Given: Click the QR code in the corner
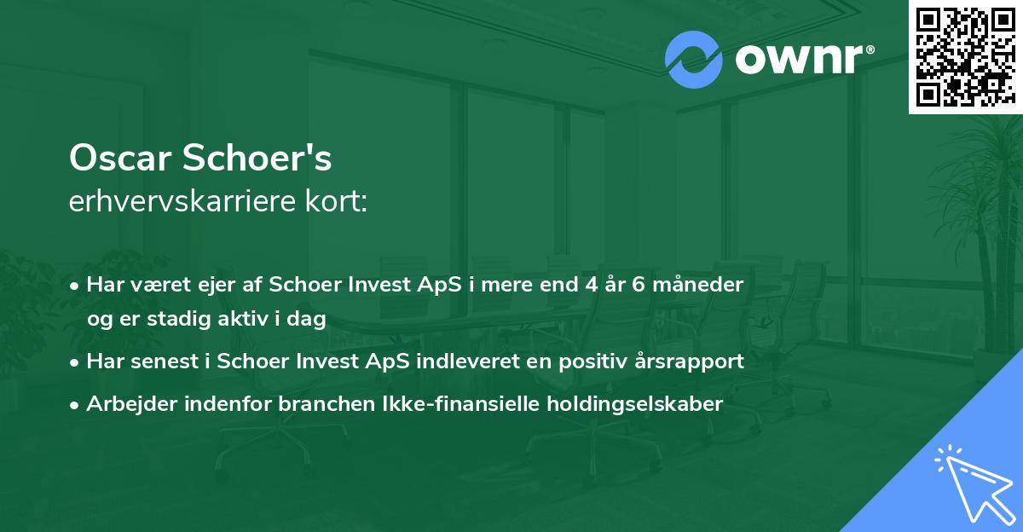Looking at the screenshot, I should point(965,56).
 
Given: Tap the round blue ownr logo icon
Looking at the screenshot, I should point(694,60).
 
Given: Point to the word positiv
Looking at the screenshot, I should point(581,361).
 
